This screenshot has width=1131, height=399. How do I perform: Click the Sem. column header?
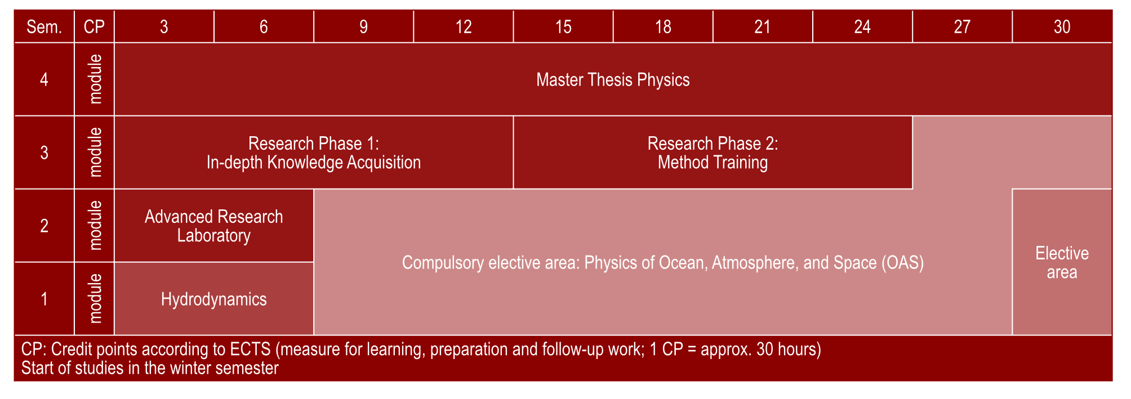(44, 26)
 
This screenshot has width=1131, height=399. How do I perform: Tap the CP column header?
(94, 26)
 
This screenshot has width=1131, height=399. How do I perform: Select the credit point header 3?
(164, 26)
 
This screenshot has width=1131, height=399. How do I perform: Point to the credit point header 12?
(464, 26)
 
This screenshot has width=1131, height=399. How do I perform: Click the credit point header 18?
(663, 26)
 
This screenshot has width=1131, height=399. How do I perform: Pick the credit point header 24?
(862, 26)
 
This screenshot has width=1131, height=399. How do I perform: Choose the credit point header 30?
(1062, 26)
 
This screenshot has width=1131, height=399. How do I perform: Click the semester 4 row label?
(44, 79)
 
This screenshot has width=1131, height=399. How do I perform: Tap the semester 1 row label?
(44, 299)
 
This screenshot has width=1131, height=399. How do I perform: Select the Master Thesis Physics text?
(613, 80)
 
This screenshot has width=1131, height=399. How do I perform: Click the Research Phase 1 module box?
(314, 153)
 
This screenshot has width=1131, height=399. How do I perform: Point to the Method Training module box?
(713, 153)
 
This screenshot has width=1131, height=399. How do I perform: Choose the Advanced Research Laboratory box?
(214, 226)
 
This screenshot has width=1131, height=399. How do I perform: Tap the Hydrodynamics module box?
(214, 299)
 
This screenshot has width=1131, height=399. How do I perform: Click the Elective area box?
(1062, 262)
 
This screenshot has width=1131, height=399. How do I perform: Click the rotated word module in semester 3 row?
(96, 153)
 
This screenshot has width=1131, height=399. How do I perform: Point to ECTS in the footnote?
(251, 349)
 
